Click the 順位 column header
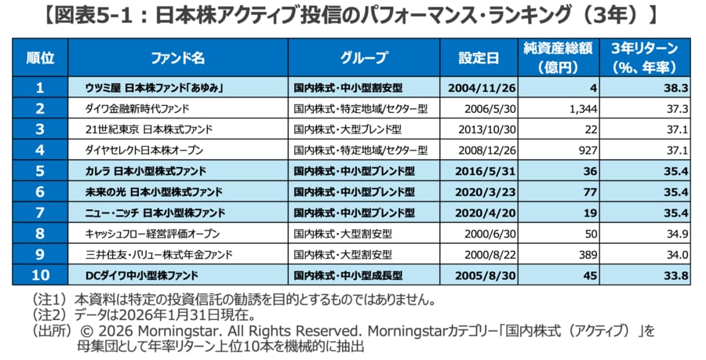(x=40, y=58)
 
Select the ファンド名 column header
(x=177, y=58)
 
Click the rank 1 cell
(x=40, y=88)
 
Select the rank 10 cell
(x=40, y=275)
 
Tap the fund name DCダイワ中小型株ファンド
(x=141, y=275)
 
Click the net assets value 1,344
(x=584, y=108)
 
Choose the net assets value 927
(x=589, y=150)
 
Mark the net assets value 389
(x=589, y=254)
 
